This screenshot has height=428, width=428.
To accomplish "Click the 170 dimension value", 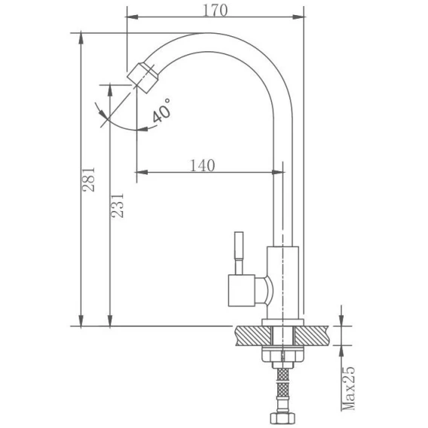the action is (215, 11).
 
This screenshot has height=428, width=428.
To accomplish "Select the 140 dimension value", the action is (202, 166).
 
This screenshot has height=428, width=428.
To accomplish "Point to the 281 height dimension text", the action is (89, 179).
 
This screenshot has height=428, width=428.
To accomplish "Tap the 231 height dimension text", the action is (118, 205).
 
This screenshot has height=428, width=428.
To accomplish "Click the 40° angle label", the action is (161, 111).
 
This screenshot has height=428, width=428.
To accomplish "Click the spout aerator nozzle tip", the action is (143, 78).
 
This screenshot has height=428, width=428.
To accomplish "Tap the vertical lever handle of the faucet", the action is (239, 252).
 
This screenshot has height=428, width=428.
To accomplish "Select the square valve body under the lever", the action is (242, 290).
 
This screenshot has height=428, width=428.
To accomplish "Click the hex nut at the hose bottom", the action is (283, 417).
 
